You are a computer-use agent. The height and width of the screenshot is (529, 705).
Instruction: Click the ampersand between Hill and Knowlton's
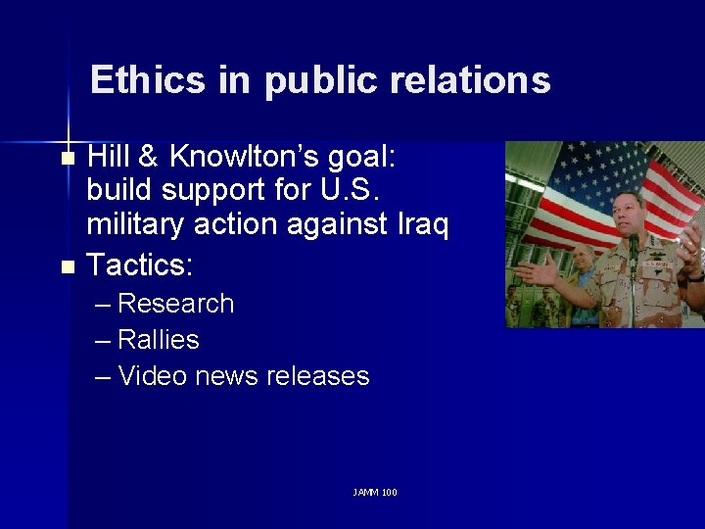tap(150, 157)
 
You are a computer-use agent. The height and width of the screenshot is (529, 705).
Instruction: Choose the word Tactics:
tap(141, 264)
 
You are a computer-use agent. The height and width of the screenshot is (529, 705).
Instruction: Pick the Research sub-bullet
tap(175, 304)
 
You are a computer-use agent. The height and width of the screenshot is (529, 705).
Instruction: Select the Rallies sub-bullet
tap(158, 340)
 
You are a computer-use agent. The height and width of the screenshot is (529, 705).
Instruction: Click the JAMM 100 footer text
tap(375, 492)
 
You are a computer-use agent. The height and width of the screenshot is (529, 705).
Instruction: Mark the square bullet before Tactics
tap(67, 265)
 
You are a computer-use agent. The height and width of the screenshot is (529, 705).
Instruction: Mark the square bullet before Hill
tap(67, 158)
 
